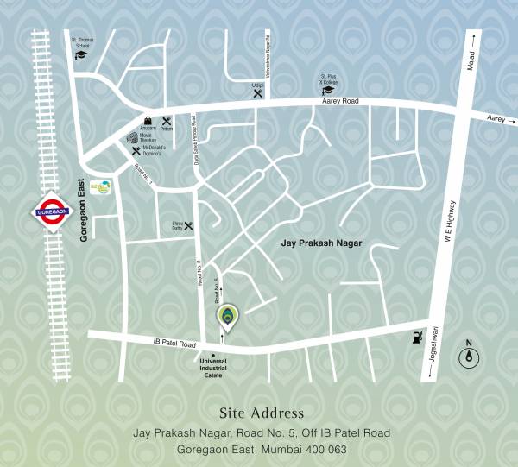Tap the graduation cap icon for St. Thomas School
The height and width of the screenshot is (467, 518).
pyautogui.click(x=81, y=54)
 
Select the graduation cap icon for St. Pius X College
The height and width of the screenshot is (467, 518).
pyautogui.click(x=328, y=89)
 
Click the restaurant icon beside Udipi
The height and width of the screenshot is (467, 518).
pyautogui.click(x=257, y=94)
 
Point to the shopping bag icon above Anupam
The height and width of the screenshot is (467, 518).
pyautogui.click(x=148, y=120)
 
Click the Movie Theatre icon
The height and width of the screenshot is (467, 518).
pyautogui.click(x=132, y=137)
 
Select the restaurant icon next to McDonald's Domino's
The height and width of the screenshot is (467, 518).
pyautogui.click(x=136, y=151)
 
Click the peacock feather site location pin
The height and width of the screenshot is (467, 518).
pyautogui.click(x=226, y=317)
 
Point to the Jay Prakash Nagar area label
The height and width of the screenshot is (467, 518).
pyautogui.click(x=321, y=245)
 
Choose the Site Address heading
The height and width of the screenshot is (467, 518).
pyautogui.click(x=262, y=413)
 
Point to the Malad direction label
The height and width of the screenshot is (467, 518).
pyautogui.click(x=471, y=62)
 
